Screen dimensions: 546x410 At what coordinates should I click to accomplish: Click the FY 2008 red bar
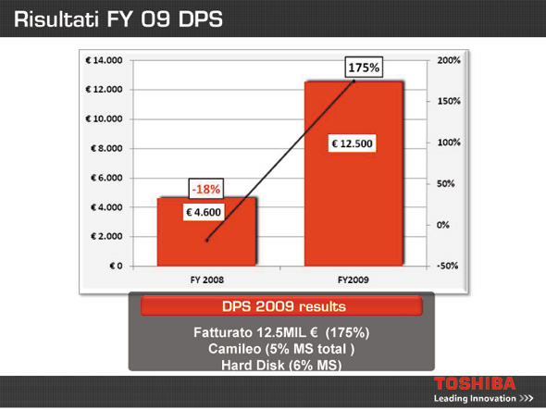206,231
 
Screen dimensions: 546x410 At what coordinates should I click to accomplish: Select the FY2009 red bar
354,173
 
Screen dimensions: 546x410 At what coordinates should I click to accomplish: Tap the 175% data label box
364,68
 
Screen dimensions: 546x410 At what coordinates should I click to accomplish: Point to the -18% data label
206,189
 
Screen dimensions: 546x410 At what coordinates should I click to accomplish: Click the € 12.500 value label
352,143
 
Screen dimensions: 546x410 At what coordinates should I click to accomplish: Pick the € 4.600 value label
204,212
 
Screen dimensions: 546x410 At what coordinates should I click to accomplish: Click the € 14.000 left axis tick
104,60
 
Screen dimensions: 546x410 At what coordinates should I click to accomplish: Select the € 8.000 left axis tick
106,148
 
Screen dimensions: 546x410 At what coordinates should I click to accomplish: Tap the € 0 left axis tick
116,267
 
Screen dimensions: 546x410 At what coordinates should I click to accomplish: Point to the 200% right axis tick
449,60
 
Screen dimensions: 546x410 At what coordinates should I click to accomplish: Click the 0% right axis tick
443,225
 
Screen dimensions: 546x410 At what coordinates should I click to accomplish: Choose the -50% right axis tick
448,266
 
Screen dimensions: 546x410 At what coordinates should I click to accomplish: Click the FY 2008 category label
207,280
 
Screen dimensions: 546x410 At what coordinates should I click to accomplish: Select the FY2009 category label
354,280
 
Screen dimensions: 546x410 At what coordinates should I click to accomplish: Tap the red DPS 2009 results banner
281,306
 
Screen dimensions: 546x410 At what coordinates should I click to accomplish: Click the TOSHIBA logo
475,383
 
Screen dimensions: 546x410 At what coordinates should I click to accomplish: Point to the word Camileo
234,349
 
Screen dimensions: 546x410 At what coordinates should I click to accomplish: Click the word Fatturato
223,332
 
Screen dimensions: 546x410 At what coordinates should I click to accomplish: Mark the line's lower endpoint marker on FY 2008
207,241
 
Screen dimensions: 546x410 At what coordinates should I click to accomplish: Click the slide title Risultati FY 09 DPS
118,19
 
